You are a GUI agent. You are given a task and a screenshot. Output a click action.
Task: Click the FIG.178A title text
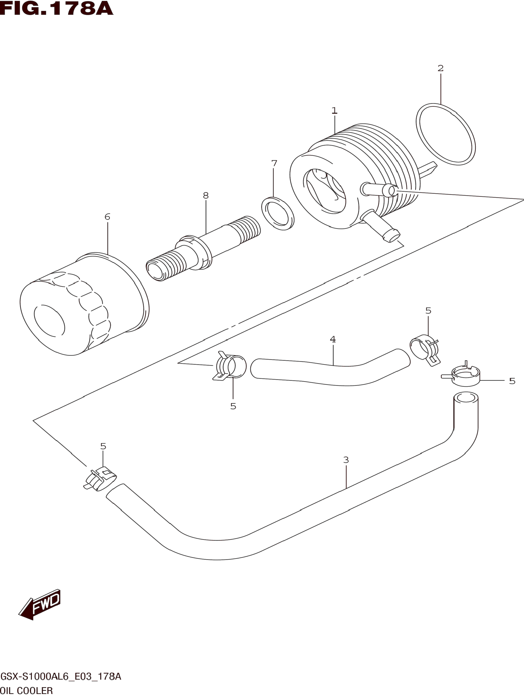pos(57,9)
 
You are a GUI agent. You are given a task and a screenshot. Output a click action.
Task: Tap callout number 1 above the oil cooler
pos(334,111)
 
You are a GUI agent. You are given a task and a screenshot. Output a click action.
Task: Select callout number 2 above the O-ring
pos(441,68)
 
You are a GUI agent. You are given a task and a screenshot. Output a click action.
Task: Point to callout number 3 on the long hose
pos(346,460)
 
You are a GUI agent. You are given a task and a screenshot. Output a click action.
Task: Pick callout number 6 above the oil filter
pos(107,217)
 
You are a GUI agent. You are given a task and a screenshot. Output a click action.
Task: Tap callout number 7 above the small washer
pos(274,163)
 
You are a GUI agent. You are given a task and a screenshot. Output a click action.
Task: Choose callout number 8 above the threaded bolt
pos(206,196)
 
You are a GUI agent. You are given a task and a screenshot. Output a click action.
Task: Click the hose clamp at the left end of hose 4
pos(230,367)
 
